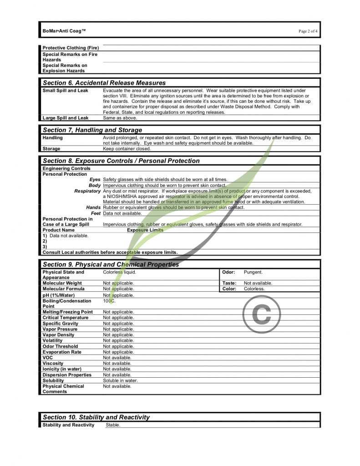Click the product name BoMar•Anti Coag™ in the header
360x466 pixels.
[x=64, y=30]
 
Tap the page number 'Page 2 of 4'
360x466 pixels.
[x=308, y=31]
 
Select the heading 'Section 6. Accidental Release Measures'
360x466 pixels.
[x=104, y=83]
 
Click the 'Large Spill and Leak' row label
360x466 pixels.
[x=66, y=118]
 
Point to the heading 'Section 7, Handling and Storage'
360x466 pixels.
[x=92, y=130]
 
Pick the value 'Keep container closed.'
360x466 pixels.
[x=127, y=149]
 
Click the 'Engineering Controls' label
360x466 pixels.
[x=66, y=169]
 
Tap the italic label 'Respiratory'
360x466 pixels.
[x=87, y=191]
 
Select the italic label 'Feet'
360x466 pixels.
[x=96, y=213]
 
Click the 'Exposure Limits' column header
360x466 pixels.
[x=145, y=230]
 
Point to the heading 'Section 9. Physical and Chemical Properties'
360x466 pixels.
[x=111, y=264]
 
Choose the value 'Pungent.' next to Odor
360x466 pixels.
[x=253, y=272]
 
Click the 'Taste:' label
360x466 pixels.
[x=229, y=283]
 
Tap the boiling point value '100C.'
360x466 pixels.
[x=109, y=301]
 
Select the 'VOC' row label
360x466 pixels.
[x=48, y=358]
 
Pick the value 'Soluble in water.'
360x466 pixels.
[x=120, y=380]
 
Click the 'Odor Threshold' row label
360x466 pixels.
[x=60, y=346]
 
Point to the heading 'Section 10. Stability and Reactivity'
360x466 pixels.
[x=96, y=417]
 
